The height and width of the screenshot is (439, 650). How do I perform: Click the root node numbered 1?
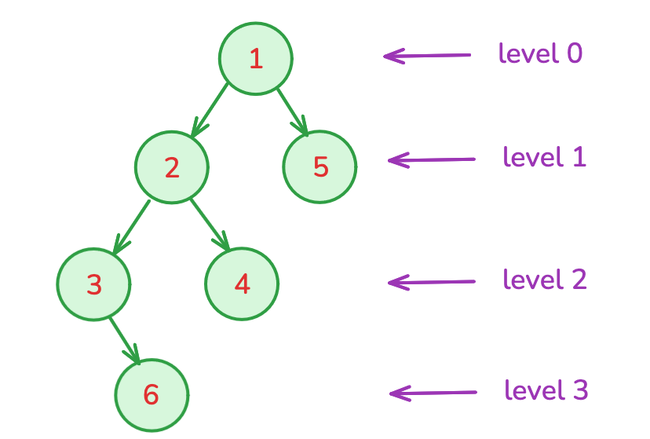[256, 59]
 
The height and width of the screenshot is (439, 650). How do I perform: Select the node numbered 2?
[172, 167]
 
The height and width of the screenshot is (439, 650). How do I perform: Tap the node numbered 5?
[320, 166]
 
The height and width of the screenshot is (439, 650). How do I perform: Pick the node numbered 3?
[94, 284]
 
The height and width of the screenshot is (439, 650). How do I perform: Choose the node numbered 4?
[242, 284]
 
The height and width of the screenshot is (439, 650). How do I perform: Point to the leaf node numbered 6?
[152, 395]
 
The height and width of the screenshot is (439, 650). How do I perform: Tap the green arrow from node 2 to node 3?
[131, 226]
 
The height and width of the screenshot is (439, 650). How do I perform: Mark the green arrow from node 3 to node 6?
[125, 341]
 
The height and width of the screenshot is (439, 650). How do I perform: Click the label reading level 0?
[540, 53]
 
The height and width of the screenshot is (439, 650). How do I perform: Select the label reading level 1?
[544, 157]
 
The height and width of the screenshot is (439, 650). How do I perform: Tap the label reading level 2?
[544, 280]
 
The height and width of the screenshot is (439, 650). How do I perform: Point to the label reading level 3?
[546, 390]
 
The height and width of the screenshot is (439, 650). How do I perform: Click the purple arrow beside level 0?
[426, 56]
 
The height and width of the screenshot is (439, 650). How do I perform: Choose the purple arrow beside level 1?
[431, 159]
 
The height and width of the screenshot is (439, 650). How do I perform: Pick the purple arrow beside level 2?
[431, 281]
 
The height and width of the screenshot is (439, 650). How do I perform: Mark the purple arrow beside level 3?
[433, 393]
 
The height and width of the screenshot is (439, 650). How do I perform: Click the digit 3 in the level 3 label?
[579, 390]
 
